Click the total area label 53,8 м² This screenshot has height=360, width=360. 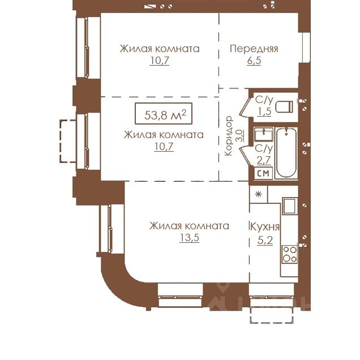tap(164, 114)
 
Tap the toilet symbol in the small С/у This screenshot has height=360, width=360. tap(284, 106)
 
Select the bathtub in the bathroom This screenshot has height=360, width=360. tap(286, 152)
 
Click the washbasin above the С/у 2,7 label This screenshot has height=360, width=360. tap(264, 134)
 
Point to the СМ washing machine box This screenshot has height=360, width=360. tap(263, 173)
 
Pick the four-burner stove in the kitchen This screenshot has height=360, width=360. tap(290, 254)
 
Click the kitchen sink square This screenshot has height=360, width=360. tap(290, 205)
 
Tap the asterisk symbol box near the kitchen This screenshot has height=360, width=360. tap(259, 195)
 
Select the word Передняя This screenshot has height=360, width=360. tap(254, 49)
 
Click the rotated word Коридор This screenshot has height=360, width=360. tap(229, 136)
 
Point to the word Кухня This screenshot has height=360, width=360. tap(265, 227)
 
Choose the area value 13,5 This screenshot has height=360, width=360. tap(189, 238)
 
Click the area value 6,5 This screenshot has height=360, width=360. tap(254, 61)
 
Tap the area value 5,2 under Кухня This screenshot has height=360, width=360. tap(265, 241)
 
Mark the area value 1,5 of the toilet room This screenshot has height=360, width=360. tap(264, 112)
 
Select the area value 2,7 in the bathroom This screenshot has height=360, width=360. tap(264, 160)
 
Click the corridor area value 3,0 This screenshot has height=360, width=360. tap(239, 135)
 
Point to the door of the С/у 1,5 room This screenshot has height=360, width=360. tap(245, 107)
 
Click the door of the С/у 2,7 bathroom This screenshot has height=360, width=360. tap(245, 156)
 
